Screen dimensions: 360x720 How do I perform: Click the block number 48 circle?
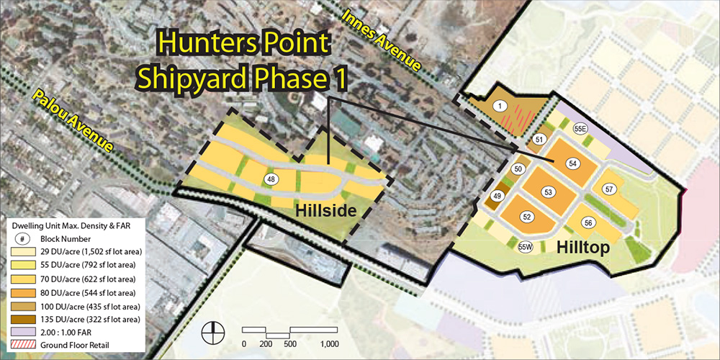pos(271,179)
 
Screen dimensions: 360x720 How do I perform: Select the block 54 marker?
pos(572,164)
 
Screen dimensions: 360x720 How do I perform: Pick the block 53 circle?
pos(548,192)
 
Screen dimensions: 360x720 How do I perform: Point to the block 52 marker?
pos(526,217)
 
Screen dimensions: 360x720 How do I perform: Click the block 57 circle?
pos(609,189)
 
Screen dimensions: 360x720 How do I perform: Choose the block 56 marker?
pos(588,223)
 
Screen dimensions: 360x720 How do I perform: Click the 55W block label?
pos(525,248)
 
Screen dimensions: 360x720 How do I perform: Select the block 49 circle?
pos(497,196)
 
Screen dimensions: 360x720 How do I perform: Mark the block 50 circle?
pos(517,169)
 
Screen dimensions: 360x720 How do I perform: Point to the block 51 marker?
pos(539,139)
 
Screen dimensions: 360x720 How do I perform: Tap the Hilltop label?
pos(583,248)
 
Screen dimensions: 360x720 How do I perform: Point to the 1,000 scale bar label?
pos(329,344)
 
